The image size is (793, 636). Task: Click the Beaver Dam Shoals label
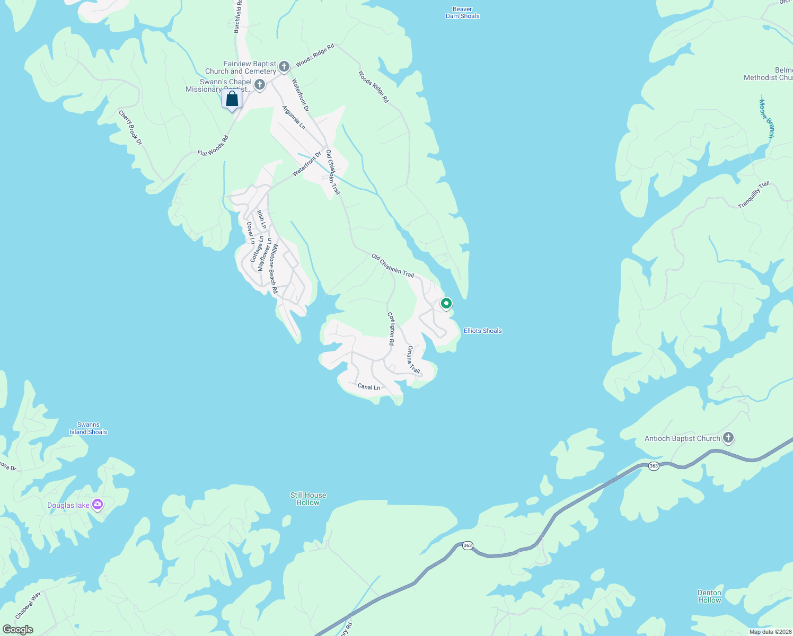462,13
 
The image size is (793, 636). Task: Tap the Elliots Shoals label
482,331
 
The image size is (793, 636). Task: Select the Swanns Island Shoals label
88,428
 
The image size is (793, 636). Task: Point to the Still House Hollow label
308,499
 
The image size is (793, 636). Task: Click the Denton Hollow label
709,596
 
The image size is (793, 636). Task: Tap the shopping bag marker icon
232,99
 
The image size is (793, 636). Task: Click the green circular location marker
446,303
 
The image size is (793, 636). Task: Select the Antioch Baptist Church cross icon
728,438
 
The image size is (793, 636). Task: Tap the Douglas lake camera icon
98,505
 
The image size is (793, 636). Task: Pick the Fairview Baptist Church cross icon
284,66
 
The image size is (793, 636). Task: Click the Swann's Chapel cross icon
260,84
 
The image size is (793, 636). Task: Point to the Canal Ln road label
368,387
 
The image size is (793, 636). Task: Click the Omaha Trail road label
413,360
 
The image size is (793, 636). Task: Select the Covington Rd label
391,329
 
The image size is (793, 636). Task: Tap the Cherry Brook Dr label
130,127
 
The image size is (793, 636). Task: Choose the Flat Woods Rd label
213,146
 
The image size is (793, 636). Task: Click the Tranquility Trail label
754,195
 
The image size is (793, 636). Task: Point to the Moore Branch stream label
766,119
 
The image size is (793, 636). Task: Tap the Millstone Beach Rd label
272,269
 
